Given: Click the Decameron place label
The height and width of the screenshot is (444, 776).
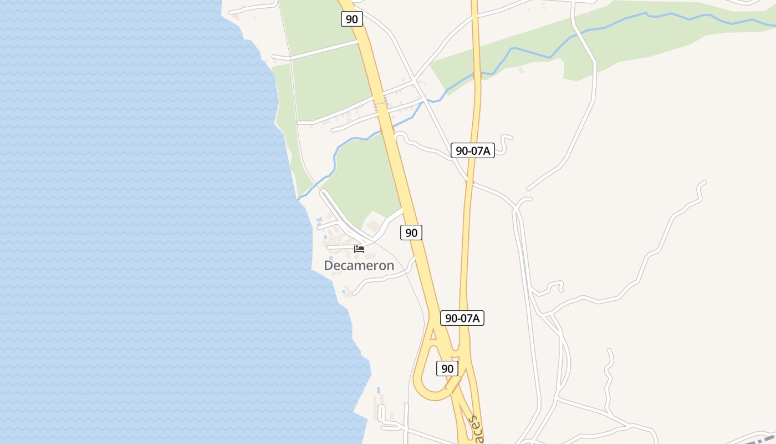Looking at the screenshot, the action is pos(359,265).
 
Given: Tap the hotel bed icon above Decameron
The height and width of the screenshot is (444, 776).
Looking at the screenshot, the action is pos(359,249).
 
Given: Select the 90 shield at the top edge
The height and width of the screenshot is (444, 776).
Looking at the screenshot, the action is pos(351,19).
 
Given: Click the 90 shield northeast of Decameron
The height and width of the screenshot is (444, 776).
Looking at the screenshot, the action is pos(411,233).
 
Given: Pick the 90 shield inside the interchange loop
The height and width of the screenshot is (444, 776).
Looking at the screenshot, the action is pos(447,368).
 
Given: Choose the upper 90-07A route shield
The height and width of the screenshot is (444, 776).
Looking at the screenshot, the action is pos(472,150).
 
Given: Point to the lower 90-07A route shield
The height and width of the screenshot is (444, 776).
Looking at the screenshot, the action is pos(462,318).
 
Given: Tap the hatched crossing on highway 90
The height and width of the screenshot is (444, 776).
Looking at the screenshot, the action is pos(380,101).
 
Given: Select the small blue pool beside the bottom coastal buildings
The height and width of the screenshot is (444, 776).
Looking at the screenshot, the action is pos(379,390).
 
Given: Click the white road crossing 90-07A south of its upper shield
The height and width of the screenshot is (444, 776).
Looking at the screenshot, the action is pos(469,180).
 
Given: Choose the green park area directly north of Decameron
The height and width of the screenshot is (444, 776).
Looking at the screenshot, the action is pos(363,178).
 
